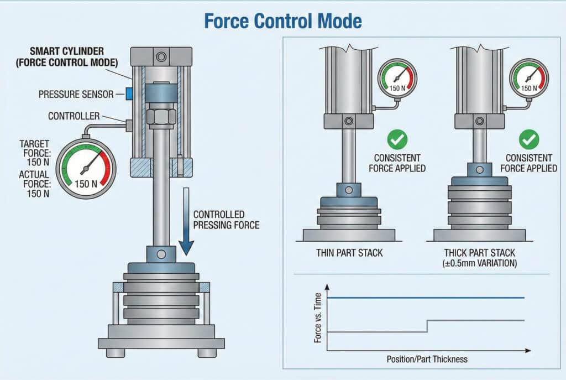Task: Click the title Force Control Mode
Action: point(282,21)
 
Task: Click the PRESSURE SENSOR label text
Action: point(76,95)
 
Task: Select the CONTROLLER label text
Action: point(74,116)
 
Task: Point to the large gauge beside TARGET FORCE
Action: point(86,169)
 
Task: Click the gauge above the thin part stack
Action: point(397,79)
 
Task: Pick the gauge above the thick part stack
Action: point(529,79)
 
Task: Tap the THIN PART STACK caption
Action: point(349,253)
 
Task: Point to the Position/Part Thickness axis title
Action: point(427,359)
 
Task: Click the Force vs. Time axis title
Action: point(318,318)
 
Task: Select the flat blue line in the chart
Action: point(426,298)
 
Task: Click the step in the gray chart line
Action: point(427,326)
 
